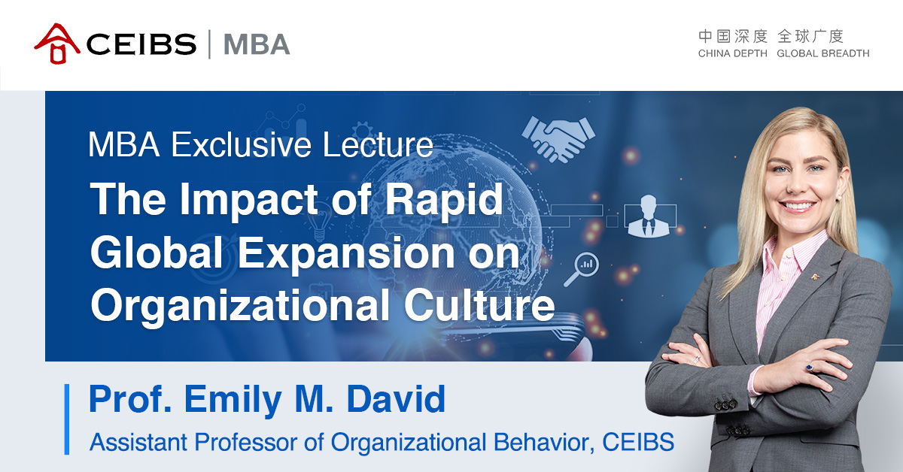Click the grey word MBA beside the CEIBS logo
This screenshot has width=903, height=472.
pyautogui.click(x=257, y=44)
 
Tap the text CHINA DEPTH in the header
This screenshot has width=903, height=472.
pyautogui.click(x=732, y=54)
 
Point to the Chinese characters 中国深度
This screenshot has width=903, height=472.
pyautogui.click(x=732, y=36)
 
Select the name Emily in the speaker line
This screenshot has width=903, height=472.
pyautogui.click(x=228, y=400)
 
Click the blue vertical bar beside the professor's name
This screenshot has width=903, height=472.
pyautogui.click(x=67, y=419)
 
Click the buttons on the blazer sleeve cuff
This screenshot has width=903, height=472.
pyautogui.click(x=725, y=404)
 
